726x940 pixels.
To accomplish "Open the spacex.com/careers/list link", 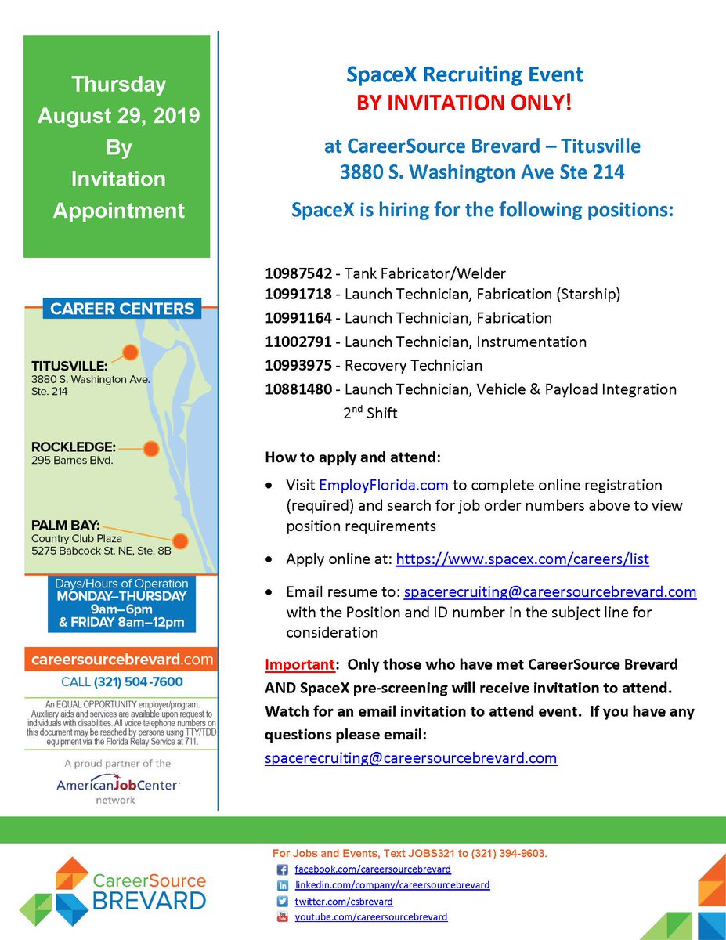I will point(522,559).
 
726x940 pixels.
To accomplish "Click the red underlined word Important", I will point(299,664).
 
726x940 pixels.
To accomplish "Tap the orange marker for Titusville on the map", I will point(130,352).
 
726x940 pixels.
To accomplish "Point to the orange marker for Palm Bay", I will point(180,540).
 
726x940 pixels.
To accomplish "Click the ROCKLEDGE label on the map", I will point(74,447).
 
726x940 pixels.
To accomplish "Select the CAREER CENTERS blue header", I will point(121,309).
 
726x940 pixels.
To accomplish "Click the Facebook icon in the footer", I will point(283,869).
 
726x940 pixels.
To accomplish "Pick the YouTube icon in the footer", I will point(283,917).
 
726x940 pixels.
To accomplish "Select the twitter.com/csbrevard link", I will point(344,902).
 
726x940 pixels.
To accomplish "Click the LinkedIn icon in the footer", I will point(283,885).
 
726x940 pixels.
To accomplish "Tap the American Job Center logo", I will point(117,785).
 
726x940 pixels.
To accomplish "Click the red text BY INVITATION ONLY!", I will point(465,103).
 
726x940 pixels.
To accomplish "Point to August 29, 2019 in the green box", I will point(119,116).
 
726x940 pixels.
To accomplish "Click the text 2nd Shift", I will point(370,413).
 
